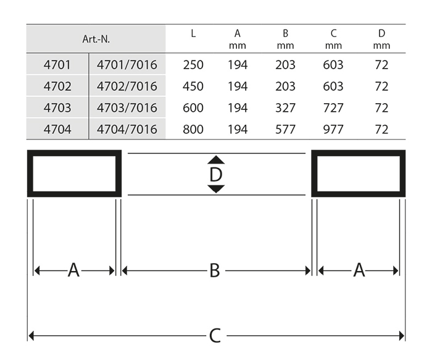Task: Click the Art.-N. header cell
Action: [x=96, y=39]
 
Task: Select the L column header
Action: [x=193, y=33]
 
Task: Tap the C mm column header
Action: [x=333, y=39]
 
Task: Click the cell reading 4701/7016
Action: [x=127, y=65]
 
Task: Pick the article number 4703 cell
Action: [x=57, y=108]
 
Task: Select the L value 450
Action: [x=193, y=86]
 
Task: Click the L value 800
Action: [x=193, y=129]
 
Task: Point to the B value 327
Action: [x=285, y=108]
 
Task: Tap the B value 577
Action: [x=285, y=129]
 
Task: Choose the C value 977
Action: [x=333, y=129]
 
